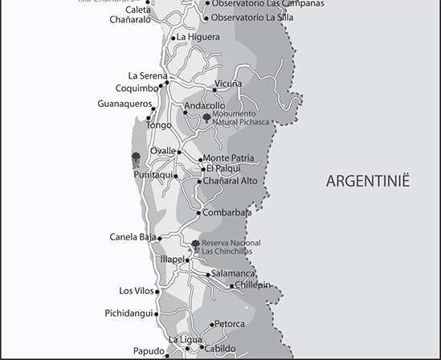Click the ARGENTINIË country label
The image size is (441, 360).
point(368,181)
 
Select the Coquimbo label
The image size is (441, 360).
point(137,88)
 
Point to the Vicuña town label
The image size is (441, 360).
point(228,84)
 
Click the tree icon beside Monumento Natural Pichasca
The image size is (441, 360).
point(206,118)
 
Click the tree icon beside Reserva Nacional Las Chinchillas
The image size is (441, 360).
point(195,244)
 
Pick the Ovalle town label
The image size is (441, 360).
point(163,151)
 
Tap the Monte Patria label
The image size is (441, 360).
point(229,159)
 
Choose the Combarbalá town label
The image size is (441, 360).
point(227,213)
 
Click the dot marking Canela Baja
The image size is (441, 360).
point(160,239)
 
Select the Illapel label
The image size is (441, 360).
point(173,260)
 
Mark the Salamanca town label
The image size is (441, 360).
point(234,274)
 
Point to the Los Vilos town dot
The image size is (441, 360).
point(157,292)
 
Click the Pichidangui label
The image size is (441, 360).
point(129,313)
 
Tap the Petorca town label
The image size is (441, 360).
point(230,325)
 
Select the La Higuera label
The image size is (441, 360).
point(198,37)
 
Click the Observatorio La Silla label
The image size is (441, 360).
point(251,17)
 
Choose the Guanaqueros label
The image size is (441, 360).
point(125,104)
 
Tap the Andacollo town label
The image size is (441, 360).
point(205,106)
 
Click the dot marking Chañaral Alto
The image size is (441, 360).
point(199,182)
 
